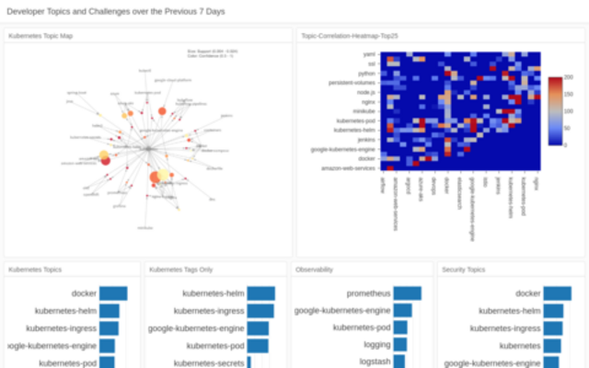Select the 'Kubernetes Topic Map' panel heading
[x=40, y=36]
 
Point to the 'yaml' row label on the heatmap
[x=369, y=55]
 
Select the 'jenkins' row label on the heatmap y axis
[x=364, y=140]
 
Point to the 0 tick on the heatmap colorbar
[x=566, y=145]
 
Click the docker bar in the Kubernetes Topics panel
[x=113, y=293]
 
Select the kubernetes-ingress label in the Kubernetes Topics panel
[x=61, y=328]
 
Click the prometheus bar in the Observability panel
[x=407, y=293]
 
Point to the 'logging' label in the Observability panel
[x=375, y=346]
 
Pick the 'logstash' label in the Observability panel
[x=375, y=363]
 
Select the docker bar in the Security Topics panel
[x=557, y=293]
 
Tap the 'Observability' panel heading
[x=315, y=270]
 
